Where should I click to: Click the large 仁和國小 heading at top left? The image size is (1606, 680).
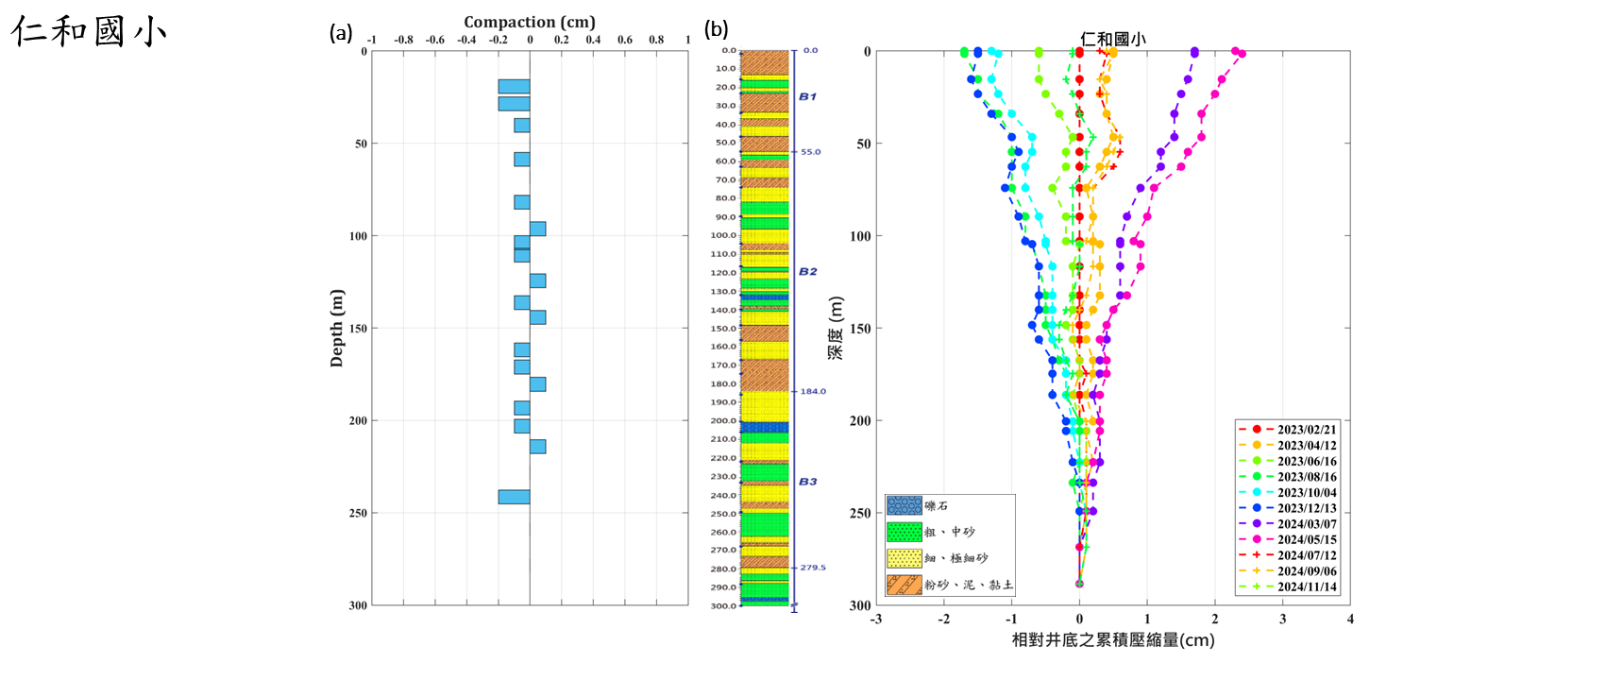(x=90, y=31)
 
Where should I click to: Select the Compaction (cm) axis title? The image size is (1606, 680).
(x=529, y=22)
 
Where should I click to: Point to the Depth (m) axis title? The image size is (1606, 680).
(x=337, y=328)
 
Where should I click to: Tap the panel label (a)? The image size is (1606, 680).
(x=341, y=33)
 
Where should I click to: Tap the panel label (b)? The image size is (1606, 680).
(x=717, y=30)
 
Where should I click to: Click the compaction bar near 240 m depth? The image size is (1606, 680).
(x=514, y=497)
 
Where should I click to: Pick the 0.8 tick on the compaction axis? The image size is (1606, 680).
(x=656, y=40)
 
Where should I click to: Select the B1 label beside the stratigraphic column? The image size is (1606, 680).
(x=807, y=96)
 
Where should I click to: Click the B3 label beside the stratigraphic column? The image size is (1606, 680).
(x=807, y=482)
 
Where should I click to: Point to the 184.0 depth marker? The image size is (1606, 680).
(x=813, y=391)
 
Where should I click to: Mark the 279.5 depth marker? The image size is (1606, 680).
(x=813, y=568)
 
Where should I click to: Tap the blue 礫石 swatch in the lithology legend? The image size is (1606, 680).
(x=904, y=506)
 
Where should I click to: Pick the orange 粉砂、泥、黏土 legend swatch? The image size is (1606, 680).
(x=904, y=585)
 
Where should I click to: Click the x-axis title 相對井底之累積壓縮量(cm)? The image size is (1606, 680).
(x=1113, y=640)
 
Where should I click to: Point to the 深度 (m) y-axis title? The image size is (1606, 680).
(x=836, y=328)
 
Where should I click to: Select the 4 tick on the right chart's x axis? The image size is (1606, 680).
(x=1350, y=620)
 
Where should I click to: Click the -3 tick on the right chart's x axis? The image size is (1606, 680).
(x=876, y=620)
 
